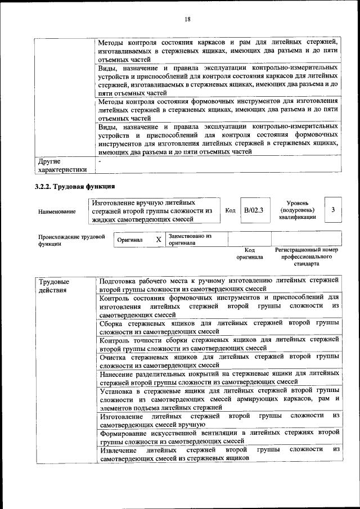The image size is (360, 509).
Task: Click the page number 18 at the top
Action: tap(187, 19)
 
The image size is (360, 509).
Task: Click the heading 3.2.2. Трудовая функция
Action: tap(76, 186)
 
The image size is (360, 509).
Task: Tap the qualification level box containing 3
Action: tap(334, 210)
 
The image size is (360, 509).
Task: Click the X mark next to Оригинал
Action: tap(159, 240)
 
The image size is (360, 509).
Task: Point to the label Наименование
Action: tap(57, 211)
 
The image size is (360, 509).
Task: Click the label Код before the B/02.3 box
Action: tap(230, 210)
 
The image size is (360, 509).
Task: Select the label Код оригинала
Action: tap(250, 253)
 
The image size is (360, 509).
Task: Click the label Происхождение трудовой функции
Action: tap(71, 240)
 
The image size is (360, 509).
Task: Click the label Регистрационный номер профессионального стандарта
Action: tap(306, 256)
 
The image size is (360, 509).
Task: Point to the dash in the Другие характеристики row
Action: tap(100, 162)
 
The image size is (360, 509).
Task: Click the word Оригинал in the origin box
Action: tap(129, 240)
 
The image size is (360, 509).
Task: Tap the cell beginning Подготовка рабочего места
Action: tap(219, 284)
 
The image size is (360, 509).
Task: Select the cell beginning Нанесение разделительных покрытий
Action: tap(219, 377)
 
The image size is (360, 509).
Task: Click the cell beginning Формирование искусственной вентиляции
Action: tap(219, 436)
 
